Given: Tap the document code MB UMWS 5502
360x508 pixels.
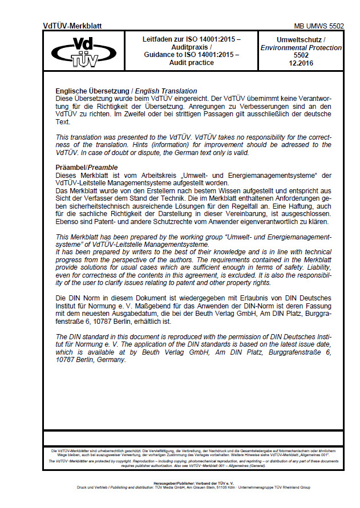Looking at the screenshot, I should click(x=319, y=26).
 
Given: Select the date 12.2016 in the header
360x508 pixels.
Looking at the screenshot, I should click(x=301, y=63).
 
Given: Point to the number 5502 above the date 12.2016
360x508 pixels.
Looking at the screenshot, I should click(x=301, y=55).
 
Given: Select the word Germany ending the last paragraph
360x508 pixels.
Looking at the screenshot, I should click(x=111, y=360).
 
